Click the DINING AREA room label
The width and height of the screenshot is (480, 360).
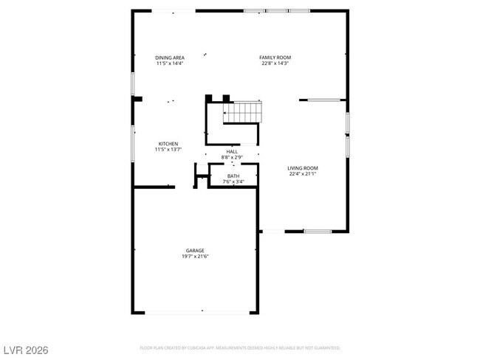[x=170, y=58]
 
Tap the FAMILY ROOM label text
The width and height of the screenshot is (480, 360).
[x=275, y=58]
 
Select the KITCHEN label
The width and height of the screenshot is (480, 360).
[x=168, y=144]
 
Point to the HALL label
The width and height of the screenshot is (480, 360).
[x=232, y=151]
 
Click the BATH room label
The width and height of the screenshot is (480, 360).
[x=233, y=176]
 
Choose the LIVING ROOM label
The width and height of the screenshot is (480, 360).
[x=302, y=168]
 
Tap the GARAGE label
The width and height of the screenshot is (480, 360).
[x=196, y=250]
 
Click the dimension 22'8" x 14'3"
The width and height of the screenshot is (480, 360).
[x=275, y=63]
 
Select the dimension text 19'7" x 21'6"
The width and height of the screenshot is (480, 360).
[x=196, y=256]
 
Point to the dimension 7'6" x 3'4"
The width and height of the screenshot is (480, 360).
[x=233, y=181]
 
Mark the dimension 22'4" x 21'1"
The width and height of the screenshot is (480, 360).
[x=302, y=174]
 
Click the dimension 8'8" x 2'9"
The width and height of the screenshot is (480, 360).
[x=232, y=157]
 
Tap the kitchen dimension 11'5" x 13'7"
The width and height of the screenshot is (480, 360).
[x=168, y=150]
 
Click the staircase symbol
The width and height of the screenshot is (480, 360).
[x=243, y=112]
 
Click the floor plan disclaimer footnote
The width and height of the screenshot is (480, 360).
[x=240, y=347]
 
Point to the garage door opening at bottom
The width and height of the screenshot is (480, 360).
[x=196, y=313]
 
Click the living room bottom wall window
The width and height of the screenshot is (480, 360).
[x=318, y=232]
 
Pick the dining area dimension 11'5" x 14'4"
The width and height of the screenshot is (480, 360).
[x=170, y=63]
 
